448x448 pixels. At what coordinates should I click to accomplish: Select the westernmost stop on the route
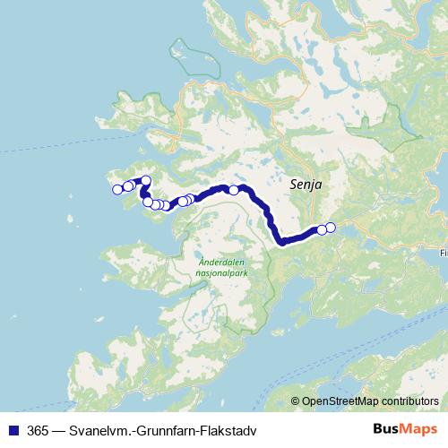116,189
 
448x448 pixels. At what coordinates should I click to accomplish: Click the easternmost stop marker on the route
330,227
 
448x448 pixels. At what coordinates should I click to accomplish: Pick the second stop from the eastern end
322,230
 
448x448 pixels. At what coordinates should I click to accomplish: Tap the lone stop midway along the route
234,189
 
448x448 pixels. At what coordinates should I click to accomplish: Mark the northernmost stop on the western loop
146,181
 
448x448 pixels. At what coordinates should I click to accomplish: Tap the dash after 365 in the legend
57,428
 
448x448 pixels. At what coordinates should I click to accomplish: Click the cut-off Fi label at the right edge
443,254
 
